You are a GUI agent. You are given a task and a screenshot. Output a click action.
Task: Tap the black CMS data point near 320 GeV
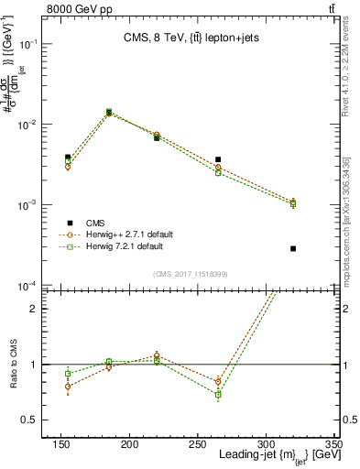pyautogui.click(x=293, y=248)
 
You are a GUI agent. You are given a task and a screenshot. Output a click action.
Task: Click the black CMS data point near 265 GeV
pyautogui.click(x=218, y=159)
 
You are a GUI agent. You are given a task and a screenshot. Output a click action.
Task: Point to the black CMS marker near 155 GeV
pyautogui.click(x=68, y=158)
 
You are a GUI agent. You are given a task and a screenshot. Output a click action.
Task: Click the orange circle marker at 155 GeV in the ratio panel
pyautogui.click(x=68, y=387)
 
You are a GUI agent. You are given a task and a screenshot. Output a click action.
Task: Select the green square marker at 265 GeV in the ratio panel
pyautogui.click(x=218, y=395)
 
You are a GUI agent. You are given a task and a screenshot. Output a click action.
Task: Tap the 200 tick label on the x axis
pyautogui.click(x=129, y=443)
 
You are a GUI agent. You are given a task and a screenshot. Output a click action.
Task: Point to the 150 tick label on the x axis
pyautogui.click(x=60, y=443)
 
